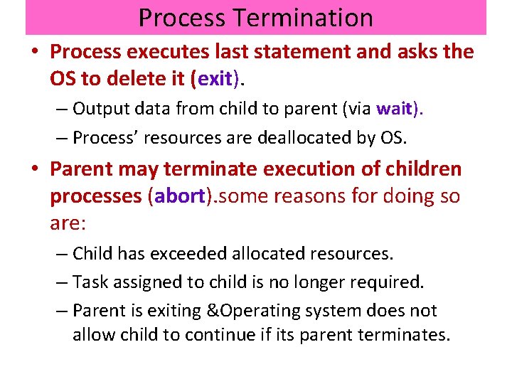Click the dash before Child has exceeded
61,254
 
